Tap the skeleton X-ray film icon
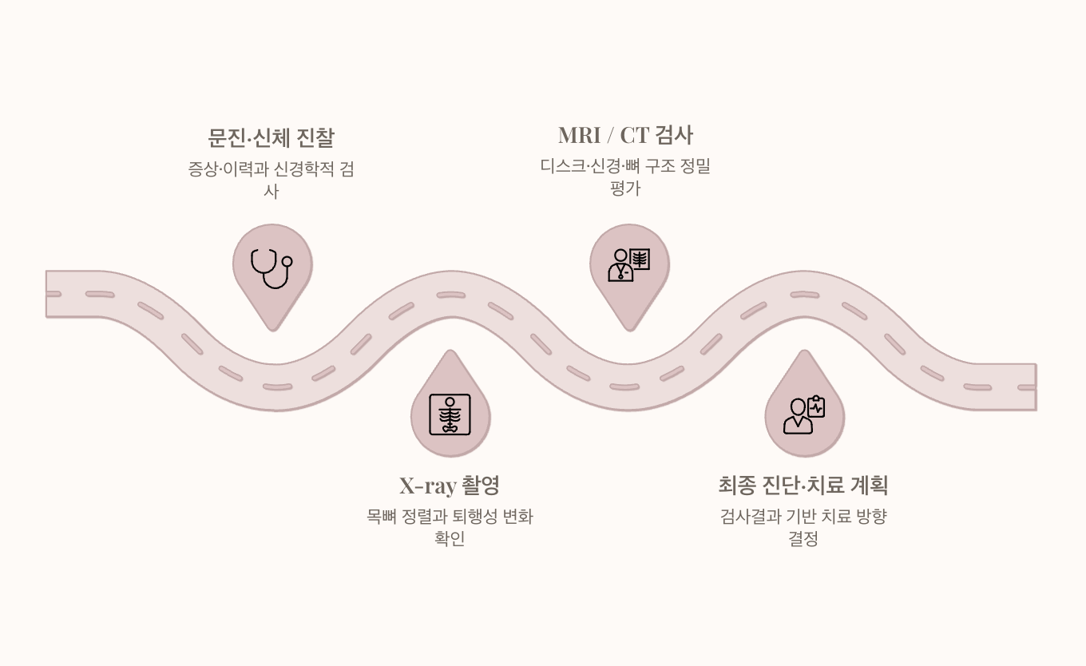(x=450, y=414)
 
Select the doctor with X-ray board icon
(x=628, y=264)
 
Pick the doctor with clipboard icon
(x=804, y=414)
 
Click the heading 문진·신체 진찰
(x=271, y=137)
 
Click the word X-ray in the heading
(x=428, y=486)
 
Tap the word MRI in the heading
(x=580, y=135)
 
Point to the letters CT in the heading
(x=635, y=135)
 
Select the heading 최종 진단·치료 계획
(x=803, y=486)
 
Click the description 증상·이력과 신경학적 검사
(x=271, y=180)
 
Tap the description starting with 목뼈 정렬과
(x=450, y=527)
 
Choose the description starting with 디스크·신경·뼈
(x=625, y=176)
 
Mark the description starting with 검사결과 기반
(x=803, y=527)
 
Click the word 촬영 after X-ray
(x=481, y=486)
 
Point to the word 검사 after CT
(x=674, y=135)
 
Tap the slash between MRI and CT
(x=610, y=136)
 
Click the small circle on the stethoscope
(x=287, y=262)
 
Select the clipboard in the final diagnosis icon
(x=816, y=406)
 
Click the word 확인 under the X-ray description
(x=450, y=538)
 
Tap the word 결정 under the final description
(x=803, y=538)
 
